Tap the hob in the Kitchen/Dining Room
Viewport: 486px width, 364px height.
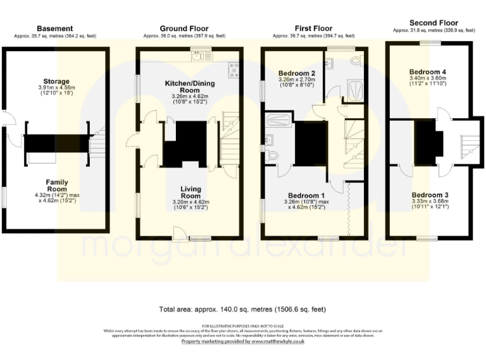pos(234,66)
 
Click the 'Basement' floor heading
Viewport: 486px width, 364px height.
pos(55,28)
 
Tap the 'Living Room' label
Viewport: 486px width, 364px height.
pos(190,189)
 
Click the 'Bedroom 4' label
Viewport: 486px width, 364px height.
pos(428,71)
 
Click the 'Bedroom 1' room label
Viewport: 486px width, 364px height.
pos(306,195)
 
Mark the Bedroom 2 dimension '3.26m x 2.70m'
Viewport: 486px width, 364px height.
pos(297,80)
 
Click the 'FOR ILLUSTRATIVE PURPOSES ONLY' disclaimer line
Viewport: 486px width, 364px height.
pos(243,325)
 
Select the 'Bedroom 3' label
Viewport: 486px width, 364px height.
pos(430,194)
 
